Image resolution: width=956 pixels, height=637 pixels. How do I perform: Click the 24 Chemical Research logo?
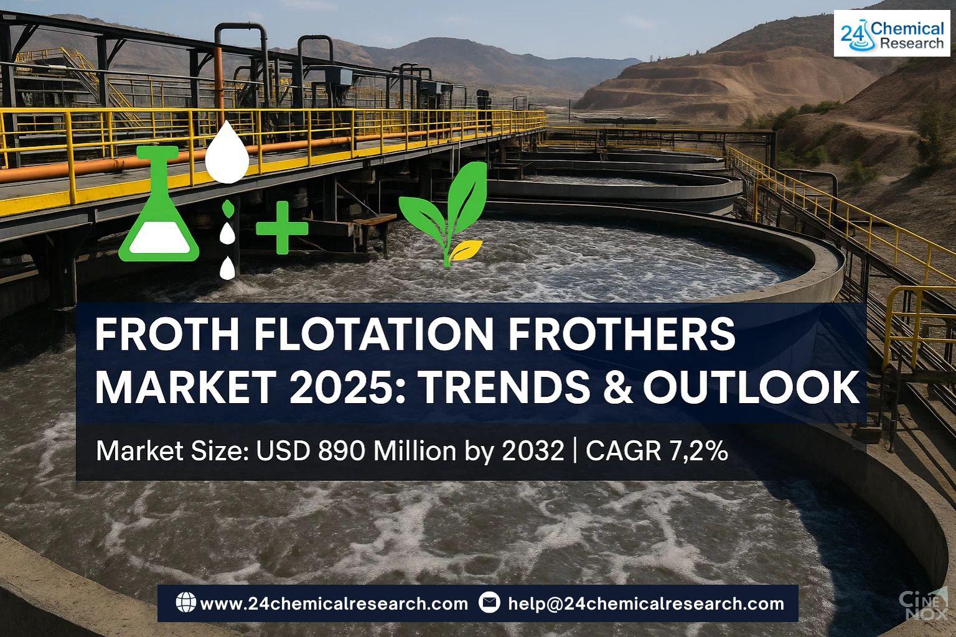(892, 34)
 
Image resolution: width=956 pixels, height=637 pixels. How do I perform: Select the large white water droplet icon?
(227, 152)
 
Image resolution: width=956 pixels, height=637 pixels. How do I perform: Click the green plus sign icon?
(282, 228)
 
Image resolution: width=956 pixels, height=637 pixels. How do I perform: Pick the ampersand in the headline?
(618, 388)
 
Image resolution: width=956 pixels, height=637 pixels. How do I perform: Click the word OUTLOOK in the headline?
(752, 388)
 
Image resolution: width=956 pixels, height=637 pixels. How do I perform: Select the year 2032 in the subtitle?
(533, 451)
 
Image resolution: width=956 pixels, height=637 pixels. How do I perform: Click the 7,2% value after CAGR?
(699, 451)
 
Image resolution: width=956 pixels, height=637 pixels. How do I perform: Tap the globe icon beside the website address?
(185, 603)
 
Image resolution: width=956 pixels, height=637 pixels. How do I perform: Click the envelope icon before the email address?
(489, 603)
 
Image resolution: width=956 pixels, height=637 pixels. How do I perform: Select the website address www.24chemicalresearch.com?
(334, 604)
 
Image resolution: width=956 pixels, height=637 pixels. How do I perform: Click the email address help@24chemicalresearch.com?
(646, 604)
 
